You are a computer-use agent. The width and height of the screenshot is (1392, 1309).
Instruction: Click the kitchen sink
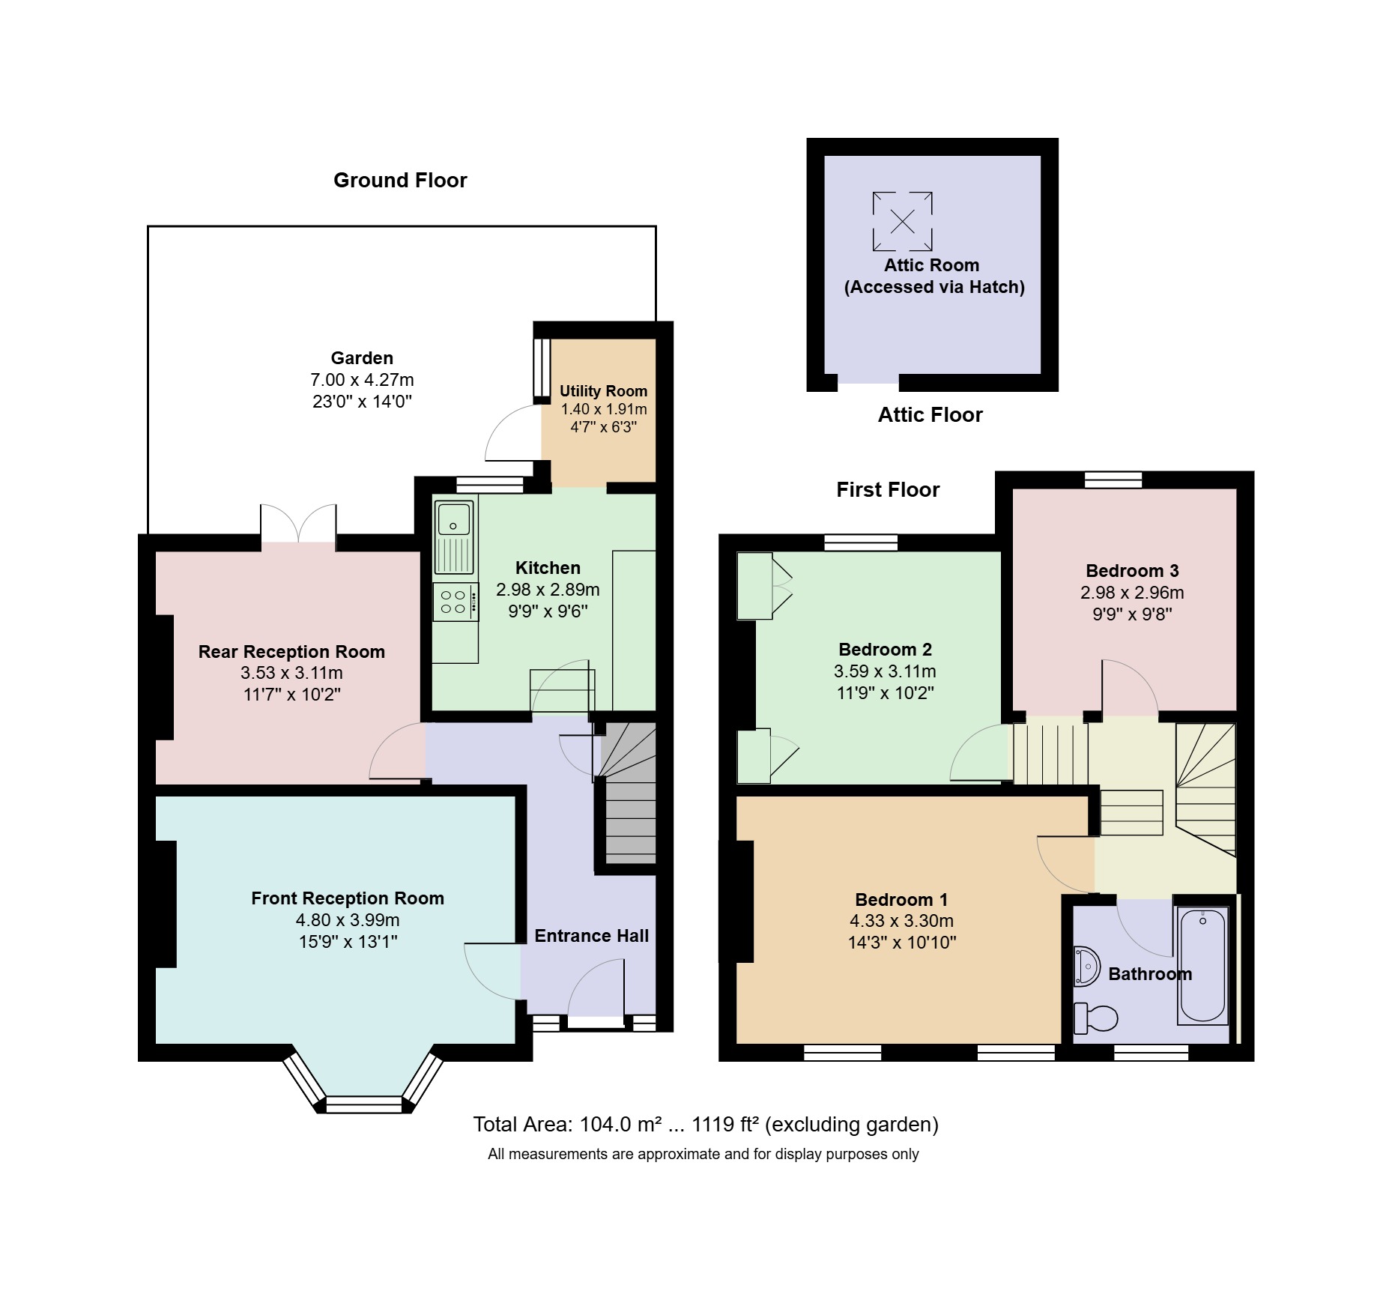tap(454, 536)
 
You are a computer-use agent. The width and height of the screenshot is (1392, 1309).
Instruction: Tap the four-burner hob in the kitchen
tap(456, 602)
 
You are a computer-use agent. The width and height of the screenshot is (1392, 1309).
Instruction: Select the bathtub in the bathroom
tap(1202, 965)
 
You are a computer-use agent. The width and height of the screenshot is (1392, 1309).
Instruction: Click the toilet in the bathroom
tap(1095, 1018)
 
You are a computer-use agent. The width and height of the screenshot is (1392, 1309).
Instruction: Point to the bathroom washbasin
tap(1086, 966)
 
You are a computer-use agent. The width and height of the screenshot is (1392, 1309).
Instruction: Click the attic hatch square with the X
tap(903, 221)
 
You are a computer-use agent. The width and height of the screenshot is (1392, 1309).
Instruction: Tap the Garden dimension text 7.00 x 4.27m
tap(362, 380)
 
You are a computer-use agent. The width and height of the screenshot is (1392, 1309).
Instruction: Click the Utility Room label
tap(603, 391)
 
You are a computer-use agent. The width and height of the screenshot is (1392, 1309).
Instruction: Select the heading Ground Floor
tap(400, 180)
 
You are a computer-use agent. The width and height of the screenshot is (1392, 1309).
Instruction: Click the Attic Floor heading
tap(930, 415)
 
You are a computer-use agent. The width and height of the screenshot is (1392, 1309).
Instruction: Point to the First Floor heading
tap(888, 490)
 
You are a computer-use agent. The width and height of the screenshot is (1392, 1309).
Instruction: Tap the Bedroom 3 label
tap(1132, 571)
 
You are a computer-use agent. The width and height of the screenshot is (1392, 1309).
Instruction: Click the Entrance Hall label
tap(591, 936)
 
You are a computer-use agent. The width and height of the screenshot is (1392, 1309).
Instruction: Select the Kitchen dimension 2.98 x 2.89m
tap(548, 590)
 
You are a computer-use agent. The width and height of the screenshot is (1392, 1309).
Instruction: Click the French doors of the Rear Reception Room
tap(298, 524)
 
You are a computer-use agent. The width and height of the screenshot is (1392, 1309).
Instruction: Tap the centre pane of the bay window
tap(364, 1104)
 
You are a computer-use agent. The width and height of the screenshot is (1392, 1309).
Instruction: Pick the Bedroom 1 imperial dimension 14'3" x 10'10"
tap(902, 943)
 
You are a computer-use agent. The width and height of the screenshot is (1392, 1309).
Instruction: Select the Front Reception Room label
tap(348, 898)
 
